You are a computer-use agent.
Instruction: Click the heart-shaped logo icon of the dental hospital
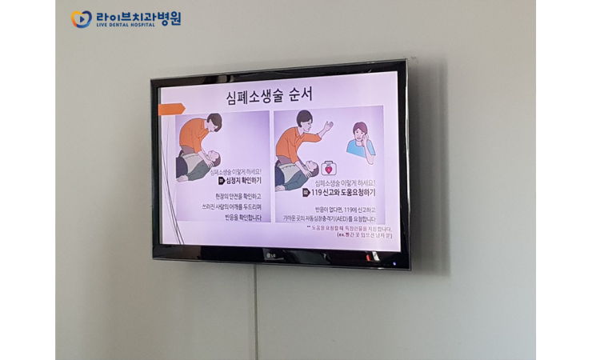(x=81, y=18)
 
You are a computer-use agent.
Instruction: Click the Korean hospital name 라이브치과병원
(x=138, y=15)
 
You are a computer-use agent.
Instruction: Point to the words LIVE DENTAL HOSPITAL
(x=125, y=26)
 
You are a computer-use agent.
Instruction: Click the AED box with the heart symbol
(x=327, y=169)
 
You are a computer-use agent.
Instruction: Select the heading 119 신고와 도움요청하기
(x=341, y=192)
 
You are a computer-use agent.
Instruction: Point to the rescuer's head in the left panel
(x=213, y=122)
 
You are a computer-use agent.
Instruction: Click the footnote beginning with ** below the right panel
(x=350, y=228)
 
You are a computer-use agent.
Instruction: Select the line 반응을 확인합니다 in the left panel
(x=238, y=218)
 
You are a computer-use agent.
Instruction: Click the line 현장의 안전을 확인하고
(x=238, y=196)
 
